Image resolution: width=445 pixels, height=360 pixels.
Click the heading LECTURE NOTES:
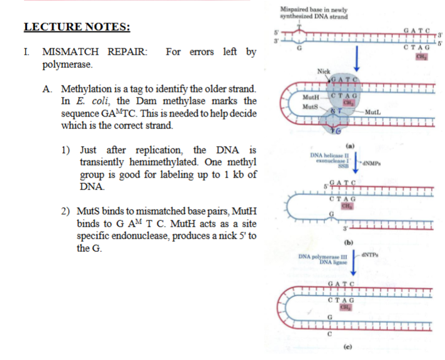[77, 27]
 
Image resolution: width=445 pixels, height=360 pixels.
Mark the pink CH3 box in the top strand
[420, 57]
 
